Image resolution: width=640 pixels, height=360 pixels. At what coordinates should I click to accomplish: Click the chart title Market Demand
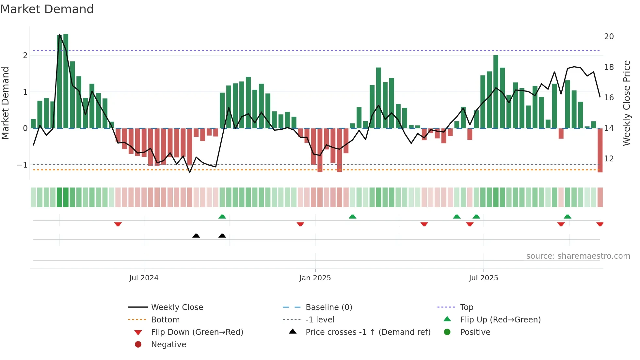[x=47, y=9]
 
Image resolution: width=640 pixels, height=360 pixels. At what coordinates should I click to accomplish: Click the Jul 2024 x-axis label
[x=144, y=278]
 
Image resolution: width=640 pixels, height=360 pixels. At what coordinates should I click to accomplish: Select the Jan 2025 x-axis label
[x=315, y=278]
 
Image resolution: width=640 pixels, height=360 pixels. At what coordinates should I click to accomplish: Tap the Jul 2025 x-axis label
[x=483, y=278]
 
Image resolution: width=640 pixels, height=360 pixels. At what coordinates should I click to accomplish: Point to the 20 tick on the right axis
[x=609, y=37]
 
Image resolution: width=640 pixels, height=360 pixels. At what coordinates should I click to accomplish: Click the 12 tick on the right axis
[x=609, y=159]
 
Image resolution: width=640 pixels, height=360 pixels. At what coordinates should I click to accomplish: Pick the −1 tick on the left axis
[x=22, y=165]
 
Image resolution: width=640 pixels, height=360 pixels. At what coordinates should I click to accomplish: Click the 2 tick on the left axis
[x=25, y=56]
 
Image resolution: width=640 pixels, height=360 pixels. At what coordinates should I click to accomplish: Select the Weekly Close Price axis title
[x=626, y=103]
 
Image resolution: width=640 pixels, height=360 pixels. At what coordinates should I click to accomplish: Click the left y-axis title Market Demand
[x=6, y=103]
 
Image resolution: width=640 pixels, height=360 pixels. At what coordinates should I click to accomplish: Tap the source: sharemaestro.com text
[x=578, y=256]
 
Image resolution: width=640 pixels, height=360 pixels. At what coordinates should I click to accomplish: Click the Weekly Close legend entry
[x=177, y=307]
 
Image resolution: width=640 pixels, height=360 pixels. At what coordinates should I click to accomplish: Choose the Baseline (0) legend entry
[x=328, y=307]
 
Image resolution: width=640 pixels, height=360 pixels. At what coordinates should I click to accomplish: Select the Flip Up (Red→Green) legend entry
[x=500, y=320]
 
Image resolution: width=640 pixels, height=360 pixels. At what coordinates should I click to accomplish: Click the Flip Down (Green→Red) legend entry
[x=197, y=332]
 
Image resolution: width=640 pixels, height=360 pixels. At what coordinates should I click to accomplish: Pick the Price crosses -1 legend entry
[x=368, y=332]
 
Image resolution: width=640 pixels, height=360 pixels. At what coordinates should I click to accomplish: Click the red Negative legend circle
[x=138, y=345]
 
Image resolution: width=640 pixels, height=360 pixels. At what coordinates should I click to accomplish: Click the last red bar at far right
[x=600, y=150]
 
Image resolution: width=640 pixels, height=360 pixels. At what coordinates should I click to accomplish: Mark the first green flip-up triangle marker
[x=222, y=217]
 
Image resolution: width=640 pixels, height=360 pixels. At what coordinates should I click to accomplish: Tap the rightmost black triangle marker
[x=222, y=236]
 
